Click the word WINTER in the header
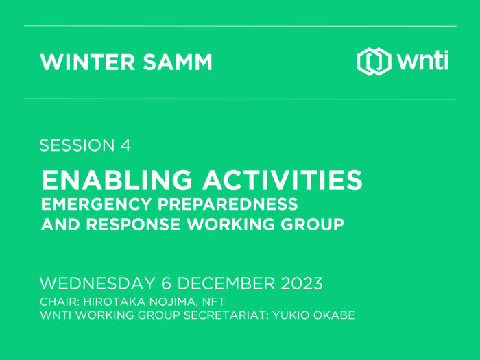click(x=88, y=62)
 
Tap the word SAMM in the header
click(x=178, y=62)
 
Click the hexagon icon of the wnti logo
click(x=374, y=62)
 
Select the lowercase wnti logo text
click(x=423, y=60)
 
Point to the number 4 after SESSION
click(x=125, y=145)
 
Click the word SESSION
click(x=77, y=145)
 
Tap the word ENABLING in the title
click(x=117, y=180)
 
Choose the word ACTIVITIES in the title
click(x=282, y=180)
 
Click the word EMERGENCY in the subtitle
click(x=96, y=204)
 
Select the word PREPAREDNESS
click(x=228, y=204)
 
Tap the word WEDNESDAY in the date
click(x=97, y=283)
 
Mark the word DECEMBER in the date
click(x=226, y=283)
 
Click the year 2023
click(x=302, y=283)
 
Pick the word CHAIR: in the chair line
click(x=60, y=302)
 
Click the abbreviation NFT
click(x=214, y=302)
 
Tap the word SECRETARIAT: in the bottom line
click(x=226, y=315)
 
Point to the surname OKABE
click(x=335, y=315)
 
